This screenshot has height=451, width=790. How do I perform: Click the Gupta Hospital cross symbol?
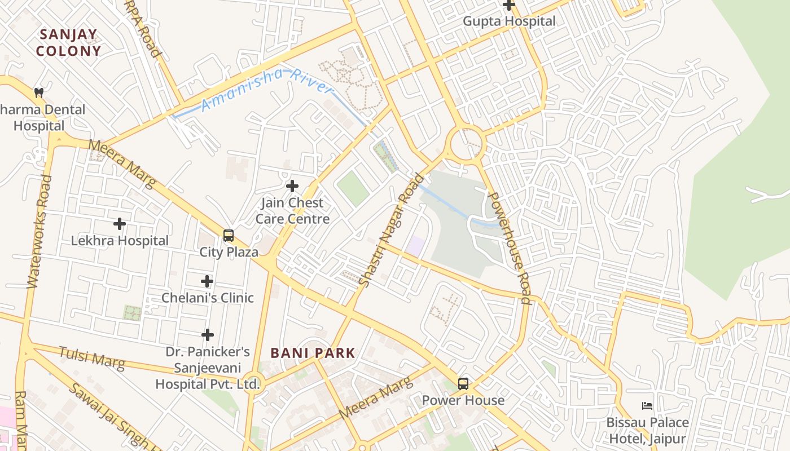(x=509, y=5)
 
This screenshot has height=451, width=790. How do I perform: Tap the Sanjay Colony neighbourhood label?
(x=69, y=43)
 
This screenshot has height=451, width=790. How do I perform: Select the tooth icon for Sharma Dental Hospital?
(x=39, y=92)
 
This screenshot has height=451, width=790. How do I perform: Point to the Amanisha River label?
(x=266, y=89)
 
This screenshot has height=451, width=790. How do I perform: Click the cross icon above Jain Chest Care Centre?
(x=292, y=186)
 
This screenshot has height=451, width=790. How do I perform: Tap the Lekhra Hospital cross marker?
(x=120, y=224)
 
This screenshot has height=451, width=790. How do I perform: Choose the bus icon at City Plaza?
(x=229, y=236)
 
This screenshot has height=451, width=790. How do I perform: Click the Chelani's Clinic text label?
(x=208, y=298)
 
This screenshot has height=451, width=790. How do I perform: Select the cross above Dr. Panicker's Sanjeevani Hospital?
(x=208, y=335)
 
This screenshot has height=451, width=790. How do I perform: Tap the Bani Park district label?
(x=313, y=353)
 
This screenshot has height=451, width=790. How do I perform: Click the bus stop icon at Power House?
(x=463, y=384)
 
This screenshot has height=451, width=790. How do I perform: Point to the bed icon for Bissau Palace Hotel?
(x=647, y=406)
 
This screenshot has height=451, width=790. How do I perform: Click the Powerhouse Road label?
(x=509, y=248)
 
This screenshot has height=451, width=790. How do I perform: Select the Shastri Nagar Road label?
(x=392, y=231)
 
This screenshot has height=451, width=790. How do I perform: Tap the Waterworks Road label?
(x=38, y=231)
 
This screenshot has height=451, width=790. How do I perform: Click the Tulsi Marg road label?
(x=91, y=359)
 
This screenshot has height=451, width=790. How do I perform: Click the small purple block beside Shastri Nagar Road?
(x=416, y=246)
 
